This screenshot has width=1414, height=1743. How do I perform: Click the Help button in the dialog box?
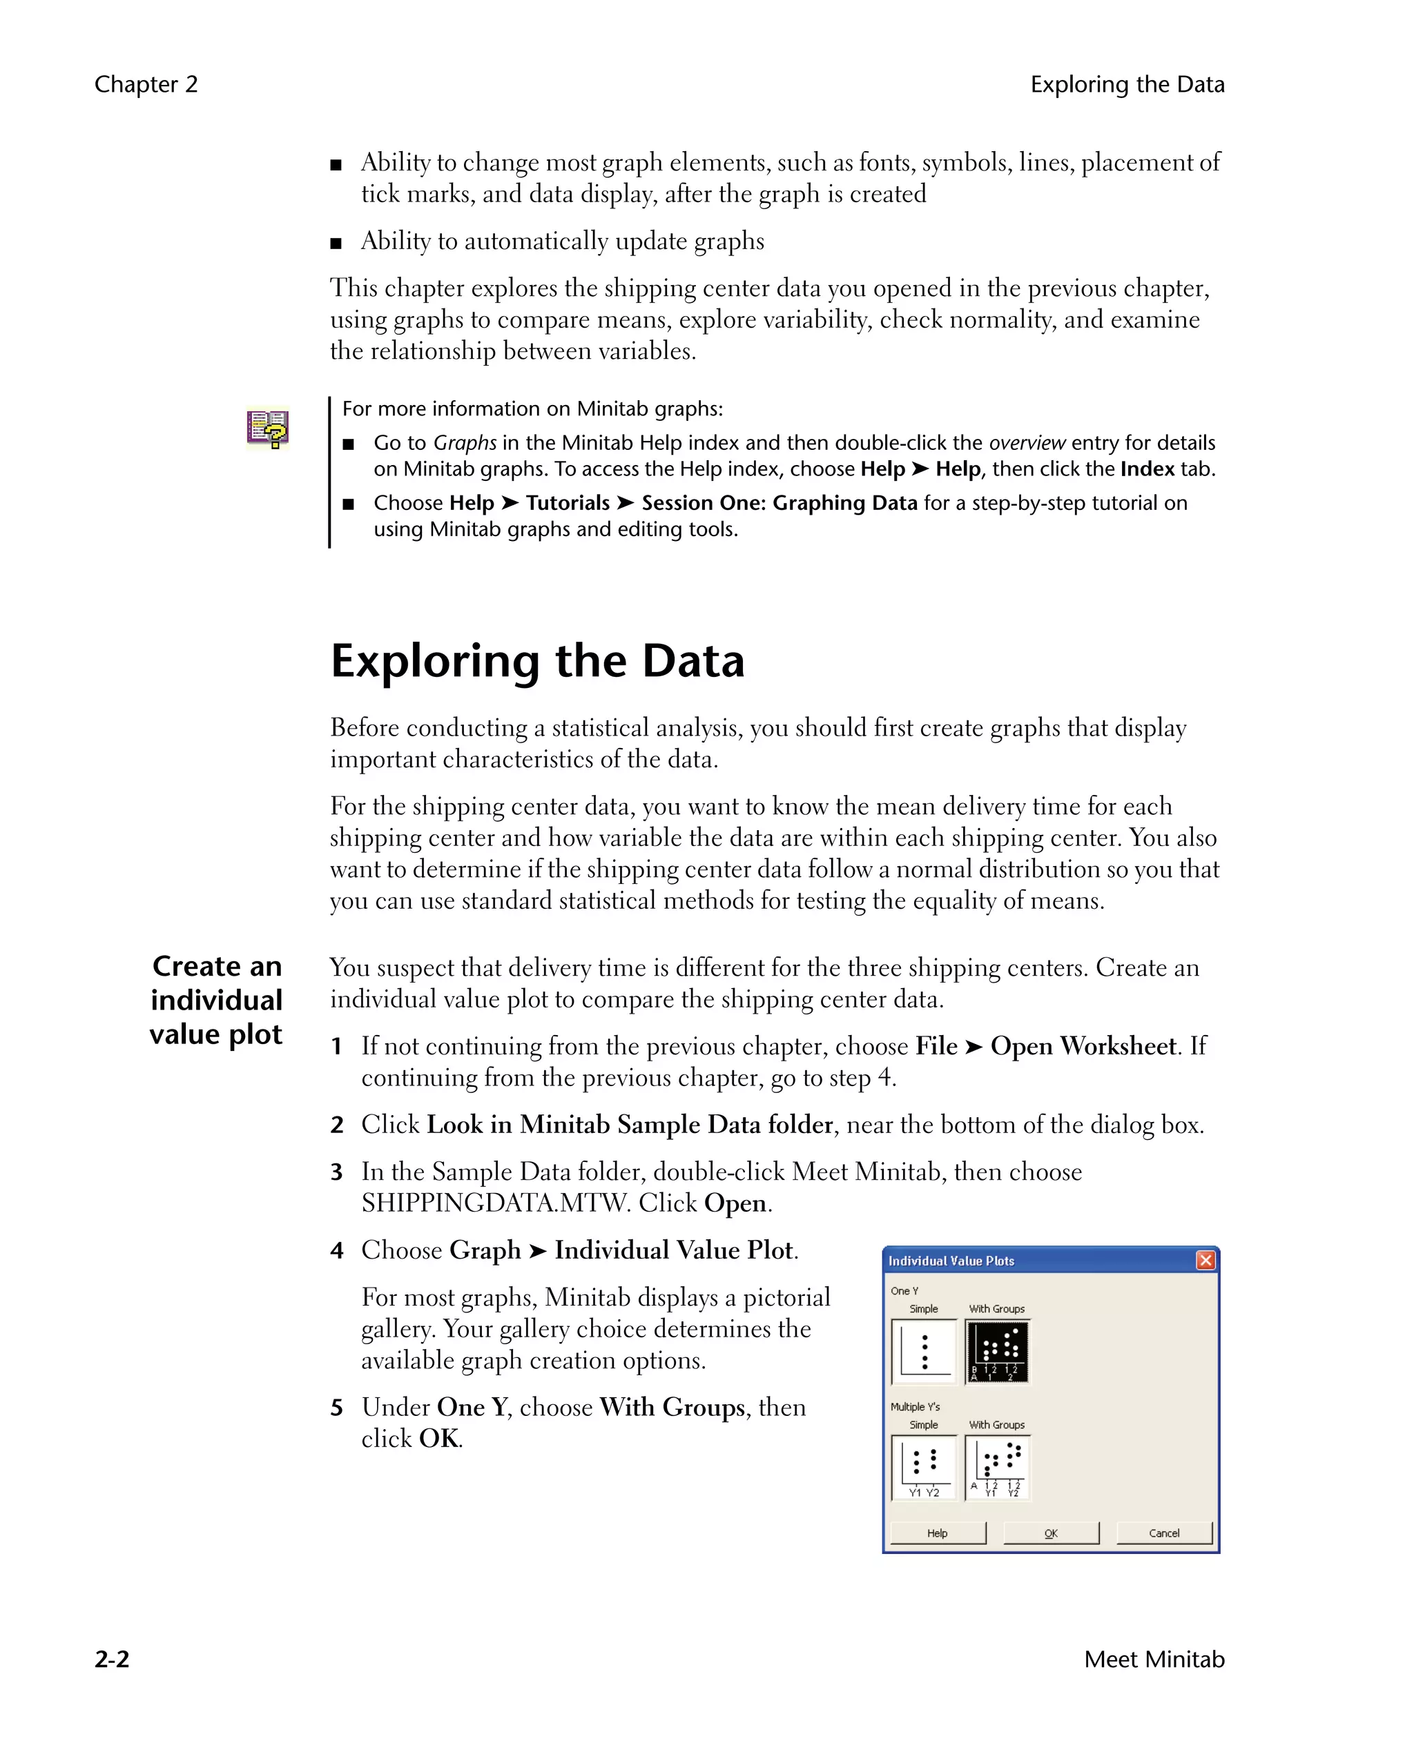click(x=938, y=1533)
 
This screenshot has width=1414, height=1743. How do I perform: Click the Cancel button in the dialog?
click(x=1164, y=1533)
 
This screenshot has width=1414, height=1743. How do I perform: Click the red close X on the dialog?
click(x=1205, y=1260)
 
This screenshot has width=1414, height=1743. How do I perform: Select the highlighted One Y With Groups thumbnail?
click(x=997, y=1352)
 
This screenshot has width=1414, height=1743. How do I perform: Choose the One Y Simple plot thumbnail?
click(x=924, y=1352)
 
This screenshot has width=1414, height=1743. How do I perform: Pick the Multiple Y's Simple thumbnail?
click(x=924, y=1467)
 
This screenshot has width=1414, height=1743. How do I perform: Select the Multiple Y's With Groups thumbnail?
click(x=997, y=1467)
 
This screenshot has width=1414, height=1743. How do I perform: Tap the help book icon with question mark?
click(x=268, y=429)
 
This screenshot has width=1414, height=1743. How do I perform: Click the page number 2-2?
click(x=113, y=1659)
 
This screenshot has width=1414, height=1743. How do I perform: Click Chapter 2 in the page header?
click(x=146, y=85)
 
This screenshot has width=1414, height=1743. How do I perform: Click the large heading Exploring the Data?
click(x=538, y=661)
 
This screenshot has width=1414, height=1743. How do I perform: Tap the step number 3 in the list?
click(x=336, y=1172)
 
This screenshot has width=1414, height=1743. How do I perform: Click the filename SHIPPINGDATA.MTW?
click(x=495, y=1203)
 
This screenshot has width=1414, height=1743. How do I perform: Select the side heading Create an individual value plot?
click(x=217, y=1000)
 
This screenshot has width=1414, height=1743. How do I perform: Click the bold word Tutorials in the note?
click(x=568, y=503)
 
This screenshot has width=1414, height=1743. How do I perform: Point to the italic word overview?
click(x=1026, y=443)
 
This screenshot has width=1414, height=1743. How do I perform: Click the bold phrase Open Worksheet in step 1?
click(x=1083, y=1046)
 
